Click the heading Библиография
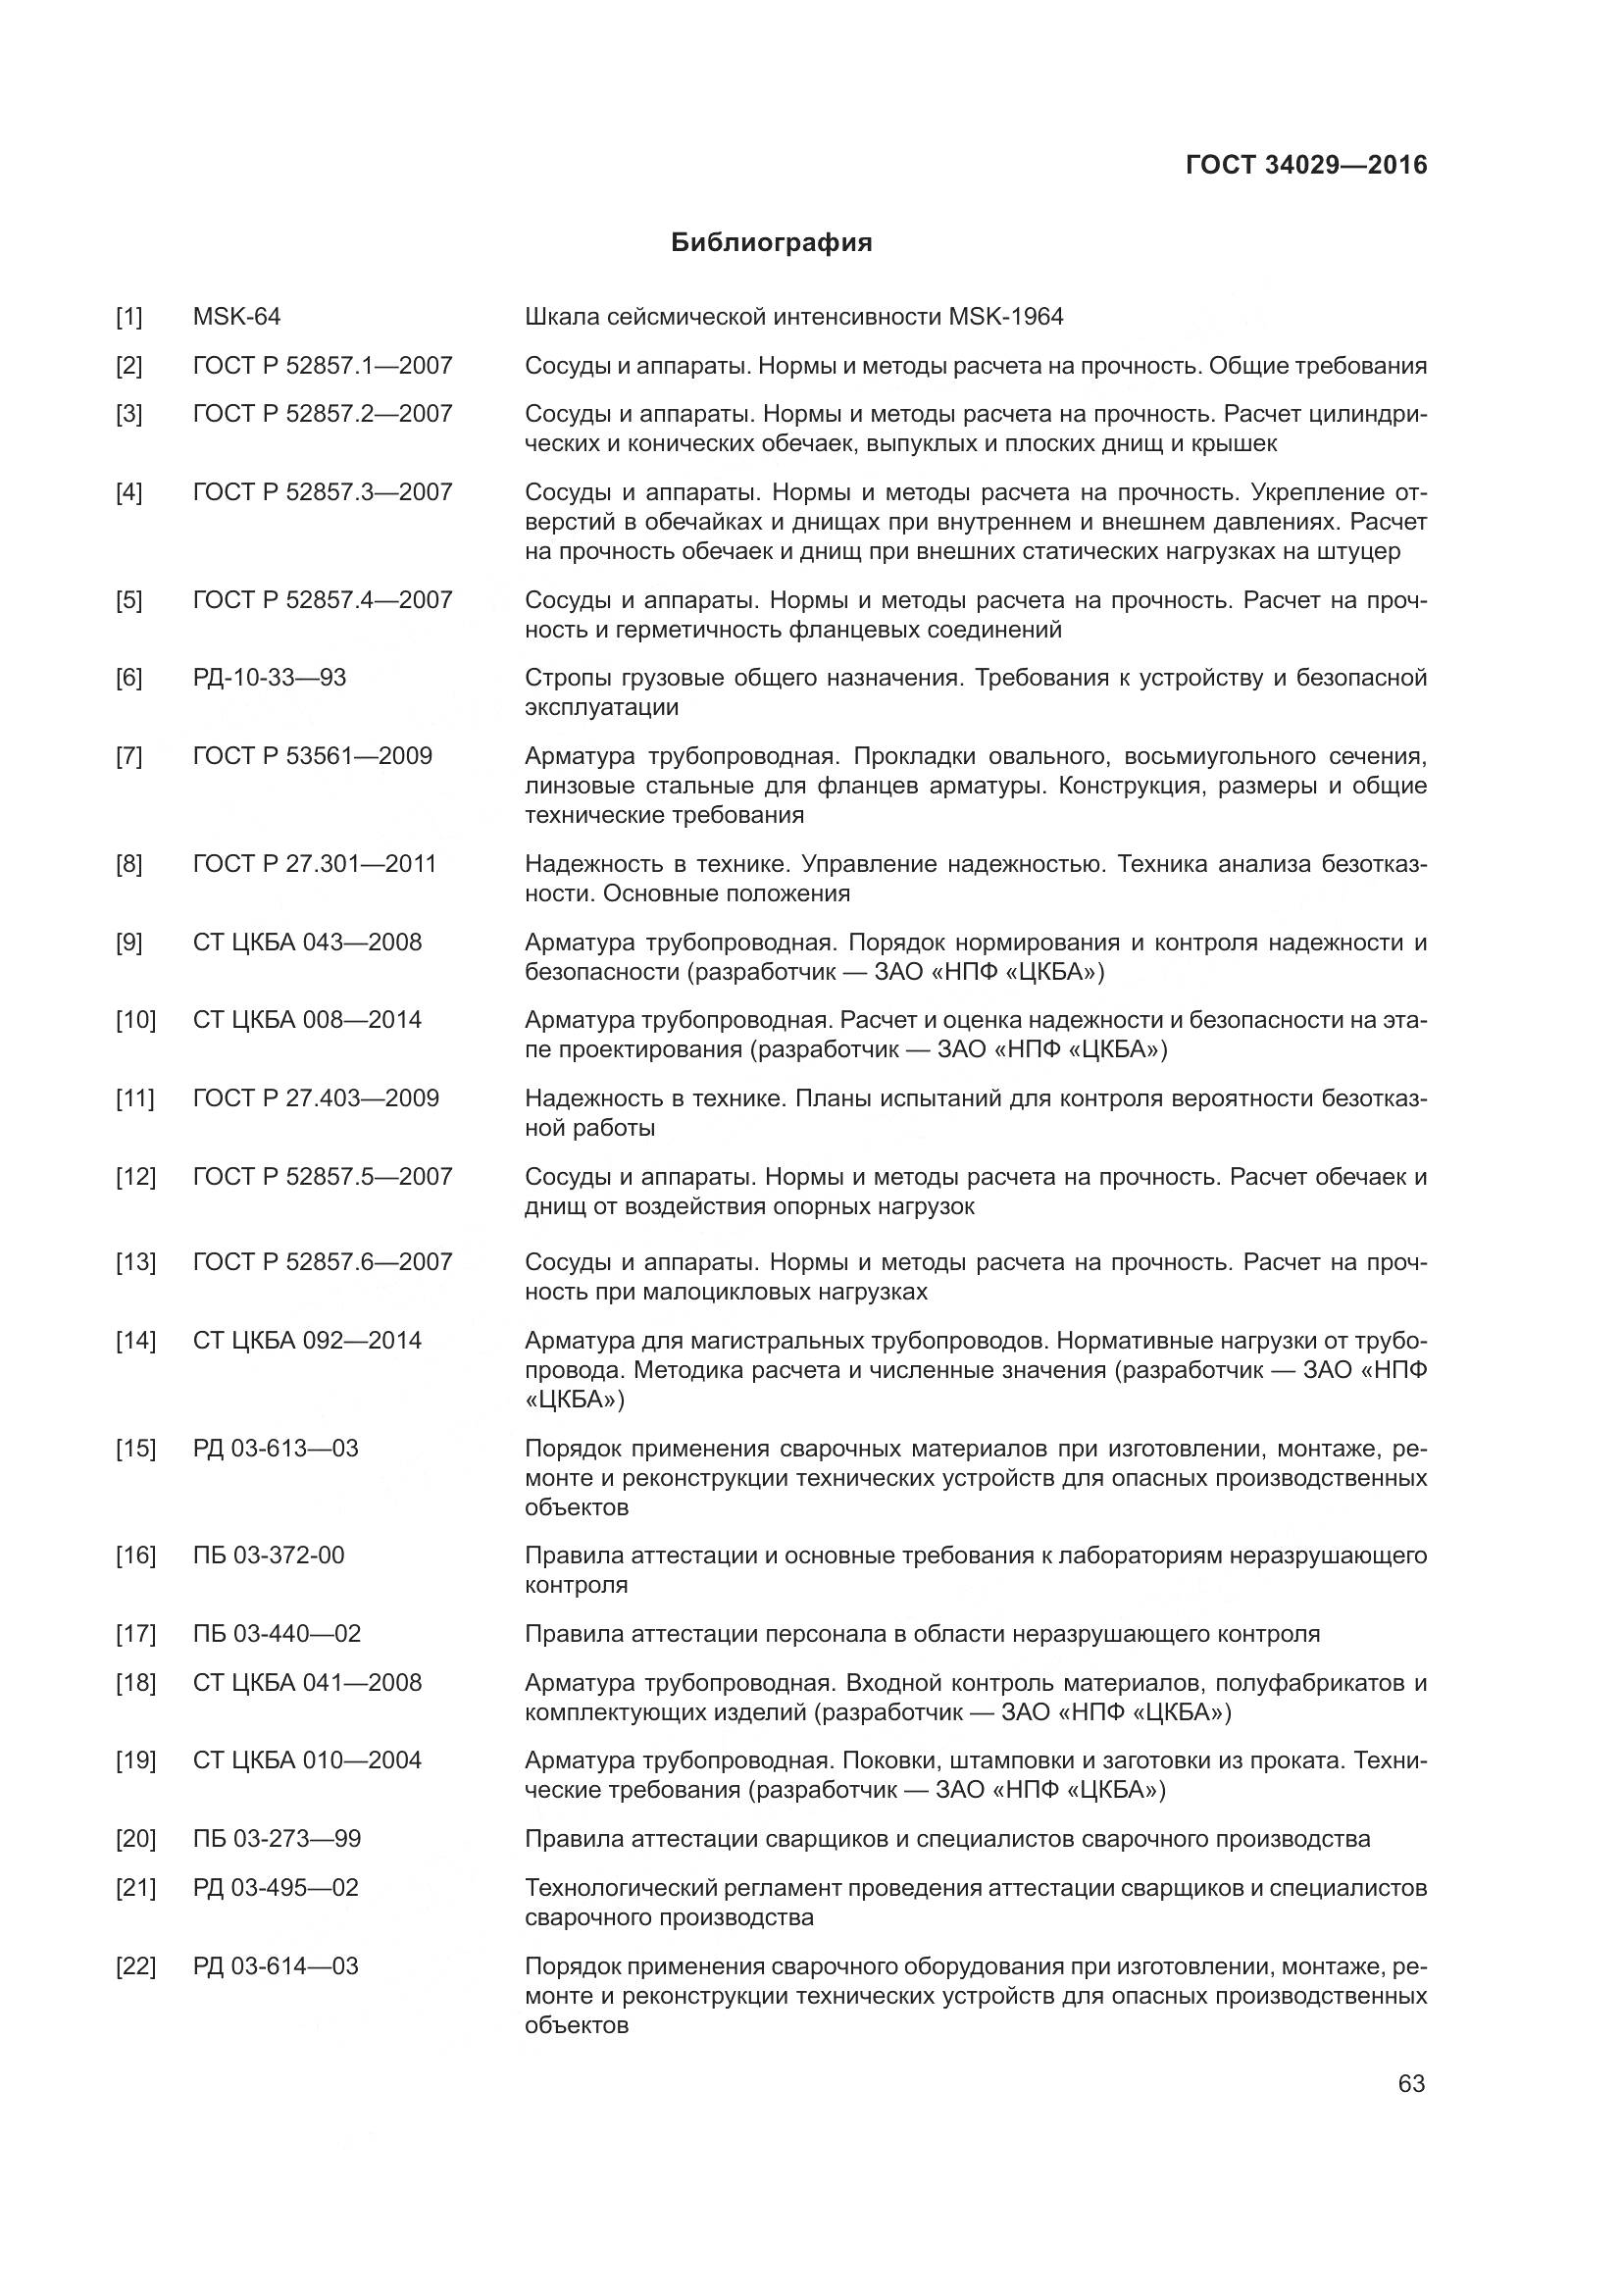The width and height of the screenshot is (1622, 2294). tap(771, 243)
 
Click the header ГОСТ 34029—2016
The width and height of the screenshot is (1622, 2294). tap(1306, 165)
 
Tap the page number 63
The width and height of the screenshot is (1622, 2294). tap(1411, 2083)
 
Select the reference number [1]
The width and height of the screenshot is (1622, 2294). tap(128, 318)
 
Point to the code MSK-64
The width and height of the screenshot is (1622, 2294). tap(236, 318)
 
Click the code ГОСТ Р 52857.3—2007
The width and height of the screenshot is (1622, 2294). tap(323, 492)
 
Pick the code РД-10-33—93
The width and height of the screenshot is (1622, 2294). tap(270, 679)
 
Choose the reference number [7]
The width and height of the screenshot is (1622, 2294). tap(128, 756)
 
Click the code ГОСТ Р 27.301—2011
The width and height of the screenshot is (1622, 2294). tap(315, 864)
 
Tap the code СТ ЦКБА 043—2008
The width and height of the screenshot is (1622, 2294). tap(308, 943)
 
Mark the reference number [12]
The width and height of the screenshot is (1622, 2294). tap(136, 1177)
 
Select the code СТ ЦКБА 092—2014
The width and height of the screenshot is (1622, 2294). tap(308, 1341)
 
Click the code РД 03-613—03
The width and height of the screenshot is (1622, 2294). tap(276, 1449)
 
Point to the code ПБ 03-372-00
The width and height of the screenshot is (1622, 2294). tap(269, 1555)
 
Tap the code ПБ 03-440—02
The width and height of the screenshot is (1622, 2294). tap(277, 1635)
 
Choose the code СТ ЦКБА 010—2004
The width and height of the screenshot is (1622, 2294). tap(308, 1760)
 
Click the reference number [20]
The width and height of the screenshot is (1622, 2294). tap(136, 1839)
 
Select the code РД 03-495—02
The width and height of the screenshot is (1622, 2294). tap(276, 1888)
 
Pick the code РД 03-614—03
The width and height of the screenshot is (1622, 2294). tap(276, 1966)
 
